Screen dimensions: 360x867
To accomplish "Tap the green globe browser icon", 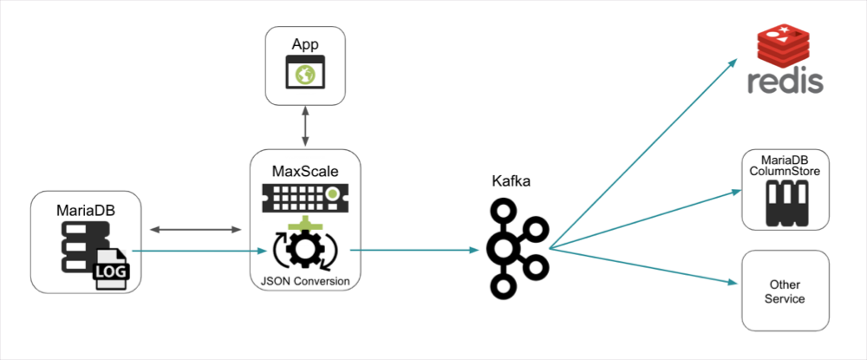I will tap(304, 75).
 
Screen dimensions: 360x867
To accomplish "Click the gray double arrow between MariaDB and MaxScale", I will tap(196, 230).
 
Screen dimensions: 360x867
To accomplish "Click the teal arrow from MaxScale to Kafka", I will tap(414, 251).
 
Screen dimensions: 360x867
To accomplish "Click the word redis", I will tap(786, 83).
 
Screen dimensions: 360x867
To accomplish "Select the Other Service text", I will tap(786, 291).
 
